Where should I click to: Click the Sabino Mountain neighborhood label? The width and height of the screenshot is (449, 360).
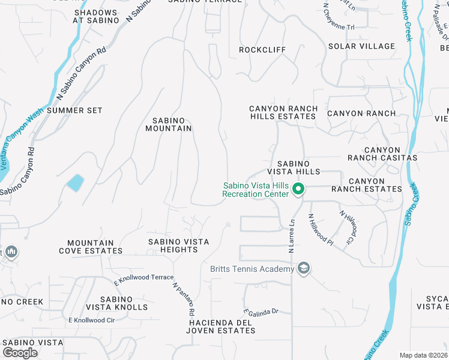click(x=169, y=124)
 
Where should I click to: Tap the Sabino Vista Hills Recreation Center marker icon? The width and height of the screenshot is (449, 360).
click(x=298, y=190)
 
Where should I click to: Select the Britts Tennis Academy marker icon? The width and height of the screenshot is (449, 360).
click(x=304, y=268)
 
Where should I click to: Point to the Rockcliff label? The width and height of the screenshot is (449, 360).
click(x=263, y=50)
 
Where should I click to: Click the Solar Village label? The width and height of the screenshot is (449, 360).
click(x=361, y=46)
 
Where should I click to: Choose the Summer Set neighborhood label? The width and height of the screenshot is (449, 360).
click(x=74, y=110)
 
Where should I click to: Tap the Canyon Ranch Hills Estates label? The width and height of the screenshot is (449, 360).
click(x=283, y=112)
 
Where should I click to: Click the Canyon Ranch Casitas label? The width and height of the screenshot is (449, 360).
click(x=382, y=154)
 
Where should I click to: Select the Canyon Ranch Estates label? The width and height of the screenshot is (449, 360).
click(x=375, y=185)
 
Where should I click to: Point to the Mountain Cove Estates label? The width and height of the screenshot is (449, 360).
click(x=91, y=247)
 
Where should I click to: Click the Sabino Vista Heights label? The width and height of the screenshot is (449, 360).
click(x=179, y=245)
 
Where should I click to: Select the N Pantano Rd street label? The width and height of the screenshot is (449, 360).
click(x=184, y=299)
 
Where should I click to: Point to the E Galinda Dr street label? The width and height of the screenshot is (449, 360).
click(x=261, y=311)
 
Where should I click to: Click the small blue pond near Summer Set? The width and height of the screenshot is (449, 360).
click(x=75, y=182)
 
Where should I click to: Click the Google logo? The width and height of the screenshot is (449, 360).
click(x=20, y=352)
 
